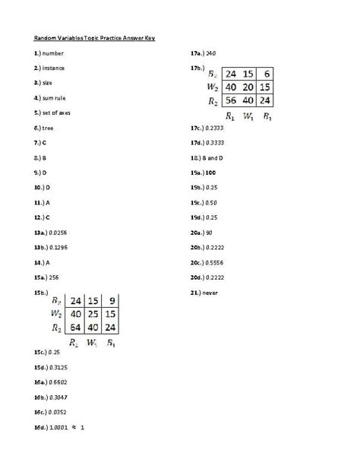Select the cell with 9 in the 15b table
coord(111,300)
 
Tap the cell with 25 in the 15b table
coord(93,314)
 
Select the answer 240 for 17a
coord(211,53)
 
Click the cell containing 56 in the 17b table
coord(231,100)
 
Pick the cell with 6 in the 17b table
coord(267,74)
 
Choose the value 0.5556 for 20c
coord(216,262)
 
